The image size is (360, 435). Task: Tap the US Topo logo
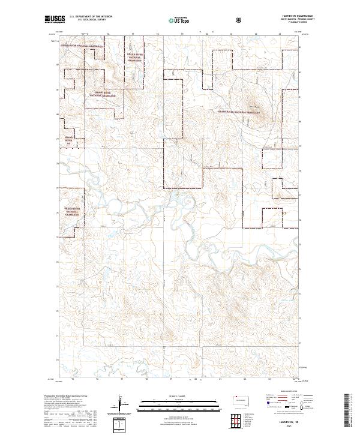click(175, 20)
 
